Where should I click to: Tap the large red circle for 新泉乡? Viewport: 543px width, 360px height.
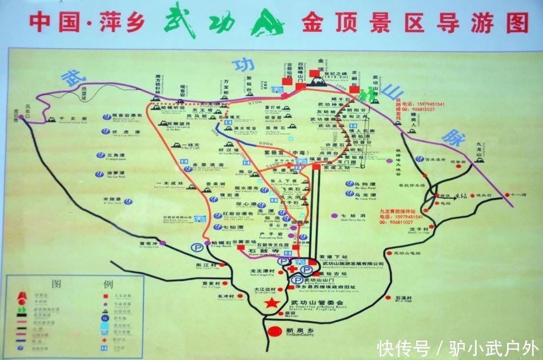[x=276, y=331]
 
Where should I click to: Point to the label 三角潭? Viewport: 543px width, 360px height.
[x=116, y=155]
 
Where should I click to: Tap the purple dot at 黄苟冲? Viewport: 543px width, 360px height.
[x=163, y=243]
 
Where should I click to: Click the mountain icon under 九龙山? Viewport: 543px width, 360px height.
[x=482, y=159]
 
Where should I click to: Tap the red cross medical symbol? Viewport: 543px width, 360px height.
[x=293, y=269]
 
